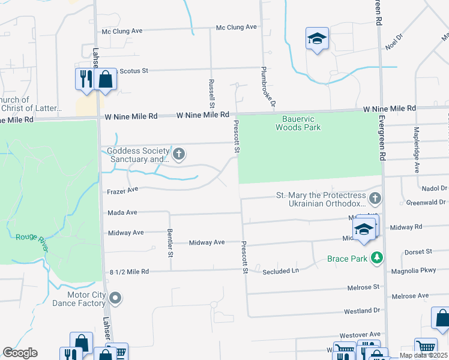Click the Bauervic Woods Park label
tap(298, 123)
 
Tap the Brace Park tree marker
tap(377, 258)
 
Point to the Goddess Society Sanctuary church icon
tap(179, 154)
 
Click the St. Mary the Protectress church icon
tap(375, 198)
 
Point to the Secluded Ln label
tap(280, 271)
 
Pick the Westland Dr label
tap(362, 311)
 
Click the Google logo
tap(20, 353)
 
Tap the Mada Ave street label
tap(122, 212)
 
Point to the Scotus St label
tap(134, 71)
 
